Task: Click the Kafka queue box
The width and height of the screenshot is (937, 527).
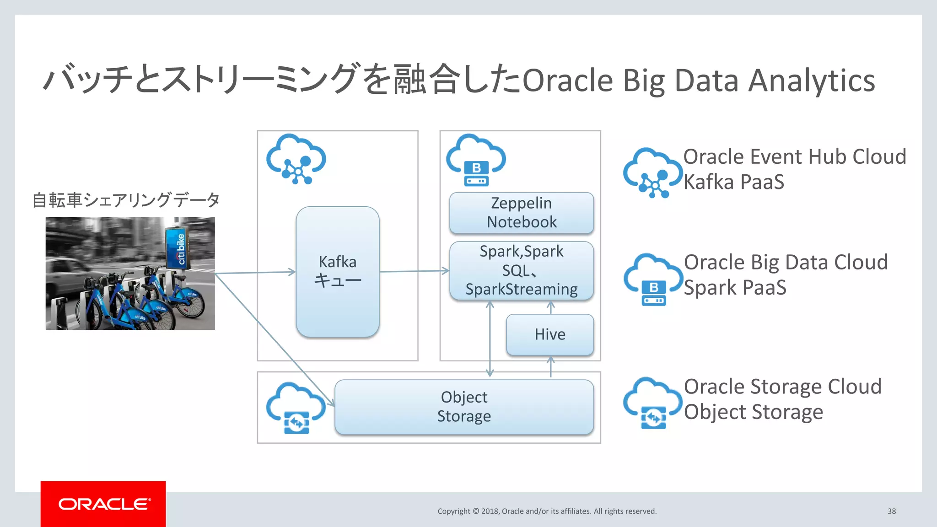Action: (338, 272)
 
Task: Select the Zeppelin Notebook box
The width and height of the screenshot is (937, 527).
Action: (522, 213)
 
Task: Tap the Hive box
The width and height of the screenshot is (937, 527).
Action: (550, 334)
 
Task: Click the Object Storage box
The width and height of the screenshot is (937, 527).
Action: (464, 407)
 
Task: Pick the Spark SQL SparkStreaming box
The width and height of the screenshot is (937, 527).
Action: (522, 270)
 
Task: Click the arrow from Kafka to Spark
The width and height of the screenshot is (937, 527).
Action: (414, 271)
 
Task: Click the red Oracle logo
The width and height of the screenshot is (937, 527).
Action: (103, 504)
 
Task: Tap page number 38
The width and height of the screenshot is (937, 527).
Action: (891, 511)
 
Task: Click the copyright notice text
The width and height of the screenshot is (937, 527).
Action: (547, 511)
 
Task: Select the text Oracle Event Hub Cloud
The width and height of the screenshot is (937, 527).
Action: (794, 157)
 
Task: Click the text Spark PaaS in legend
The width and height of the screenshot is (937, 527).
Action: (735, 288)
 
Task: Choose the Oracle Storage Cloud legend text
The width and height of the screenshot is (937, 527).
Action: (782, 387)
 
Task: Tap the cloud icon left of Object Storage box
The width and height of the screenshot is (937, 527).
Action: (296, 408)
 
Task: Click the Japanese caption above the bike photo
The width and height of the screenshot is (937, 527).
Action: (126, 200)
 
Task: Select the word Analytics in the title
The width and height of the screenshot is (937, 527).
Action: (811, 81)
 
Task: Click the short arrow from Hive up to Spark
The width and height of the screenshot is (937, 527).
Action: (550, 308)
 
